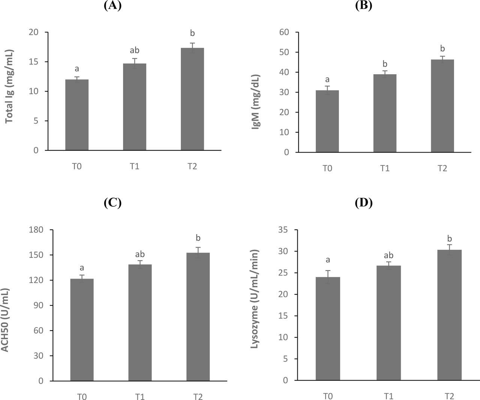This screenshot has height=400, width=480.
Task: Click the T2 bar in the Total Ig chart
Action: tap(192, 99)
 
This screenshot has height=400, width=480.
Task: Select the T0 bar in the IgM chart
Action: tap(327, 121)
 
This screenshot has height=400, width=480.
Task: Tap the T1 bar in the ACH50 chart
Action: tap(140, 323)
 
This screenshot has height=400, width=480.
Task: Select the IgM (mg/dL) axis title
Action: tap(256, 102)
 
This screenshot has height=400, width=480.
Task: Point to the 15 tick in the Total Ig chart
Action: tap(34, 62)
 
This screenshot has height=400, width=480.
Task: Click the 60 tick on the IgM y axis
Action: tap(284, 32)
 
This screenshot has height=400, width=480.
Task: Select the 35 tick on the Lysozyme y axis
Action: tap(283, 230)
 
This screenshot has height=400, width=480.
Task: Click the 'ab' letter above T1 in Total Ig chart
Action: tap(135, 50)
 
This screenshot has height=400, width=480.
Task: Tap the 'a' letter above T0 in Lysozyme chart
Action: tap(327, 260)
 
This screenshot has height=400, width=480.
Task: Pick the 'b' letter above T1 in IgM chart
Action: tap(385, 64)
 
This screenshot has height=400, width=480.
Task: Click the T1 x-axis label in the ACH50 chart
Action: tap(140, 396)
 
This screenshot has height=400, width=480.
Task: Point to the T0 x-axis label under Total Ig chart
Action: tap(77, 166)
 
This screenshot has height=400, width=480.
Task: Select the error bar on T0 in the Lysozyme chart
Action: tap(327, 277)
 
